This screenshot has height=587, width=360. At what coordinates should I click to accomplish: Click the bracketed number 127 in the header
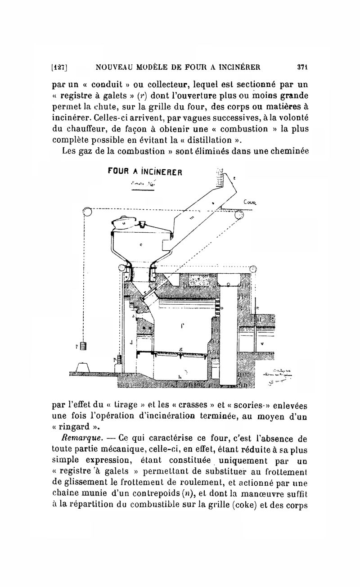point(60,68)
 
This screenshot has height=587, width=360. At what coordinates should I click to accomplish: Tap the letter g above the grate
point(180,349)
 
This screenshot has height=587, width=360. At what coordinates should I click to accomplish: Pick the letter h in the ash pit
point(180,376)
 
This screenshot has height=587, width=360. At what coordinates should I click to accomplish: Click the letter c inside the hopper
point(141,246)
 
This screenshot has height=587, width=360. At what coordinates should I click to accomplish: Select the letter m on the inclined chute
point(191,218)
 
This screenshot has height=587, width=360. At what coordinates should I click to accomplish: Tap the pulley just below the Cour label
point(239,215)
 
